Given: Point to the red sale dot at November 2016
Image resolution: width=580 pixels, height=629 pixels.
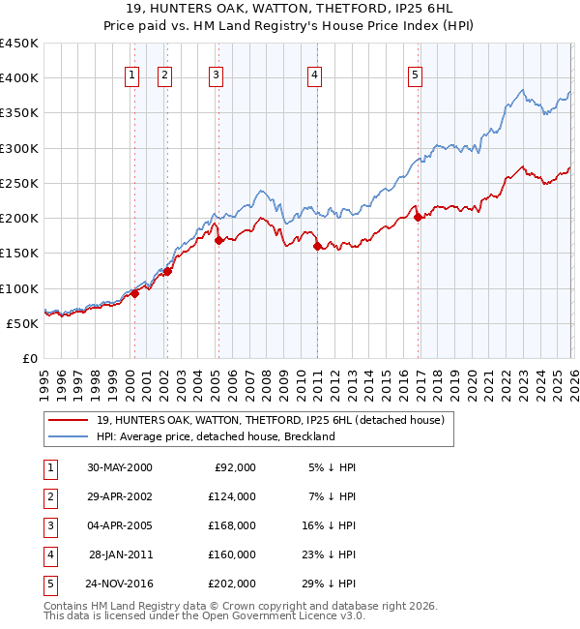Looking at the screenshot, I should point(418,218).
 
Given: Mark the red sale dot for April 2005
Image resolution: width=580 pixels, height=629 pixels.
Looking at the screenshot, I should point(218,241).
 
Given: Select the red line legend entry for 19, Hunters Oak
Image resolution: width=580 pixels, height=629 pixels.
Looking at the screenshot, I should point(270,420).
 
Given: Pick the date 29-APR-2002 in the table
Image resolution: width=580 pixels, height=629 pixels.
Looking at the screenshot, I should point(120,496).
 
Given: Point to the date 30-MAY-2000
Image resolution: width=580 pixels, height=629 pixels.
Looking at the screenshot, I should point(120,467).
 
